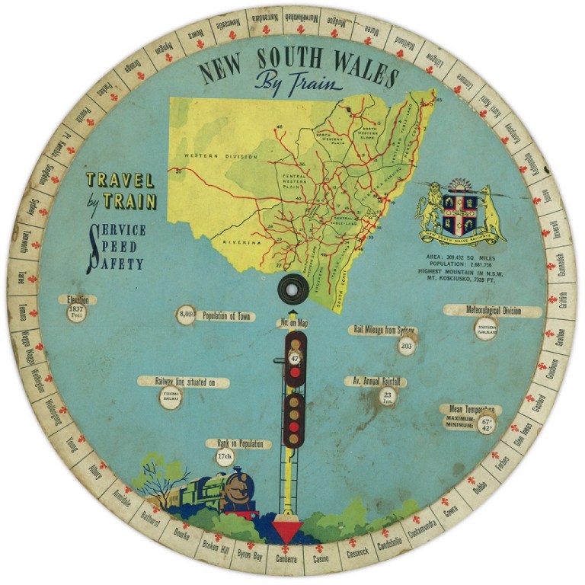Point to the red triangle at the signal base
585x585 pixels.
pos(289,531)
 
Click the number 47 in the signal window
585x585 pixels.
pos(295,357)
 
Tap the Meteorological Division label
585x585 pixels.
pos(493,311)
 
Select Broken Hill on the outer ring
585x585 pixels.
pos(213,549)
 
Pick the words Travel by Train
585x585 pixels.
pos(120,190)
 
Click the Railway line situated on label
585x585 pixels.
pos(184,382)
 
